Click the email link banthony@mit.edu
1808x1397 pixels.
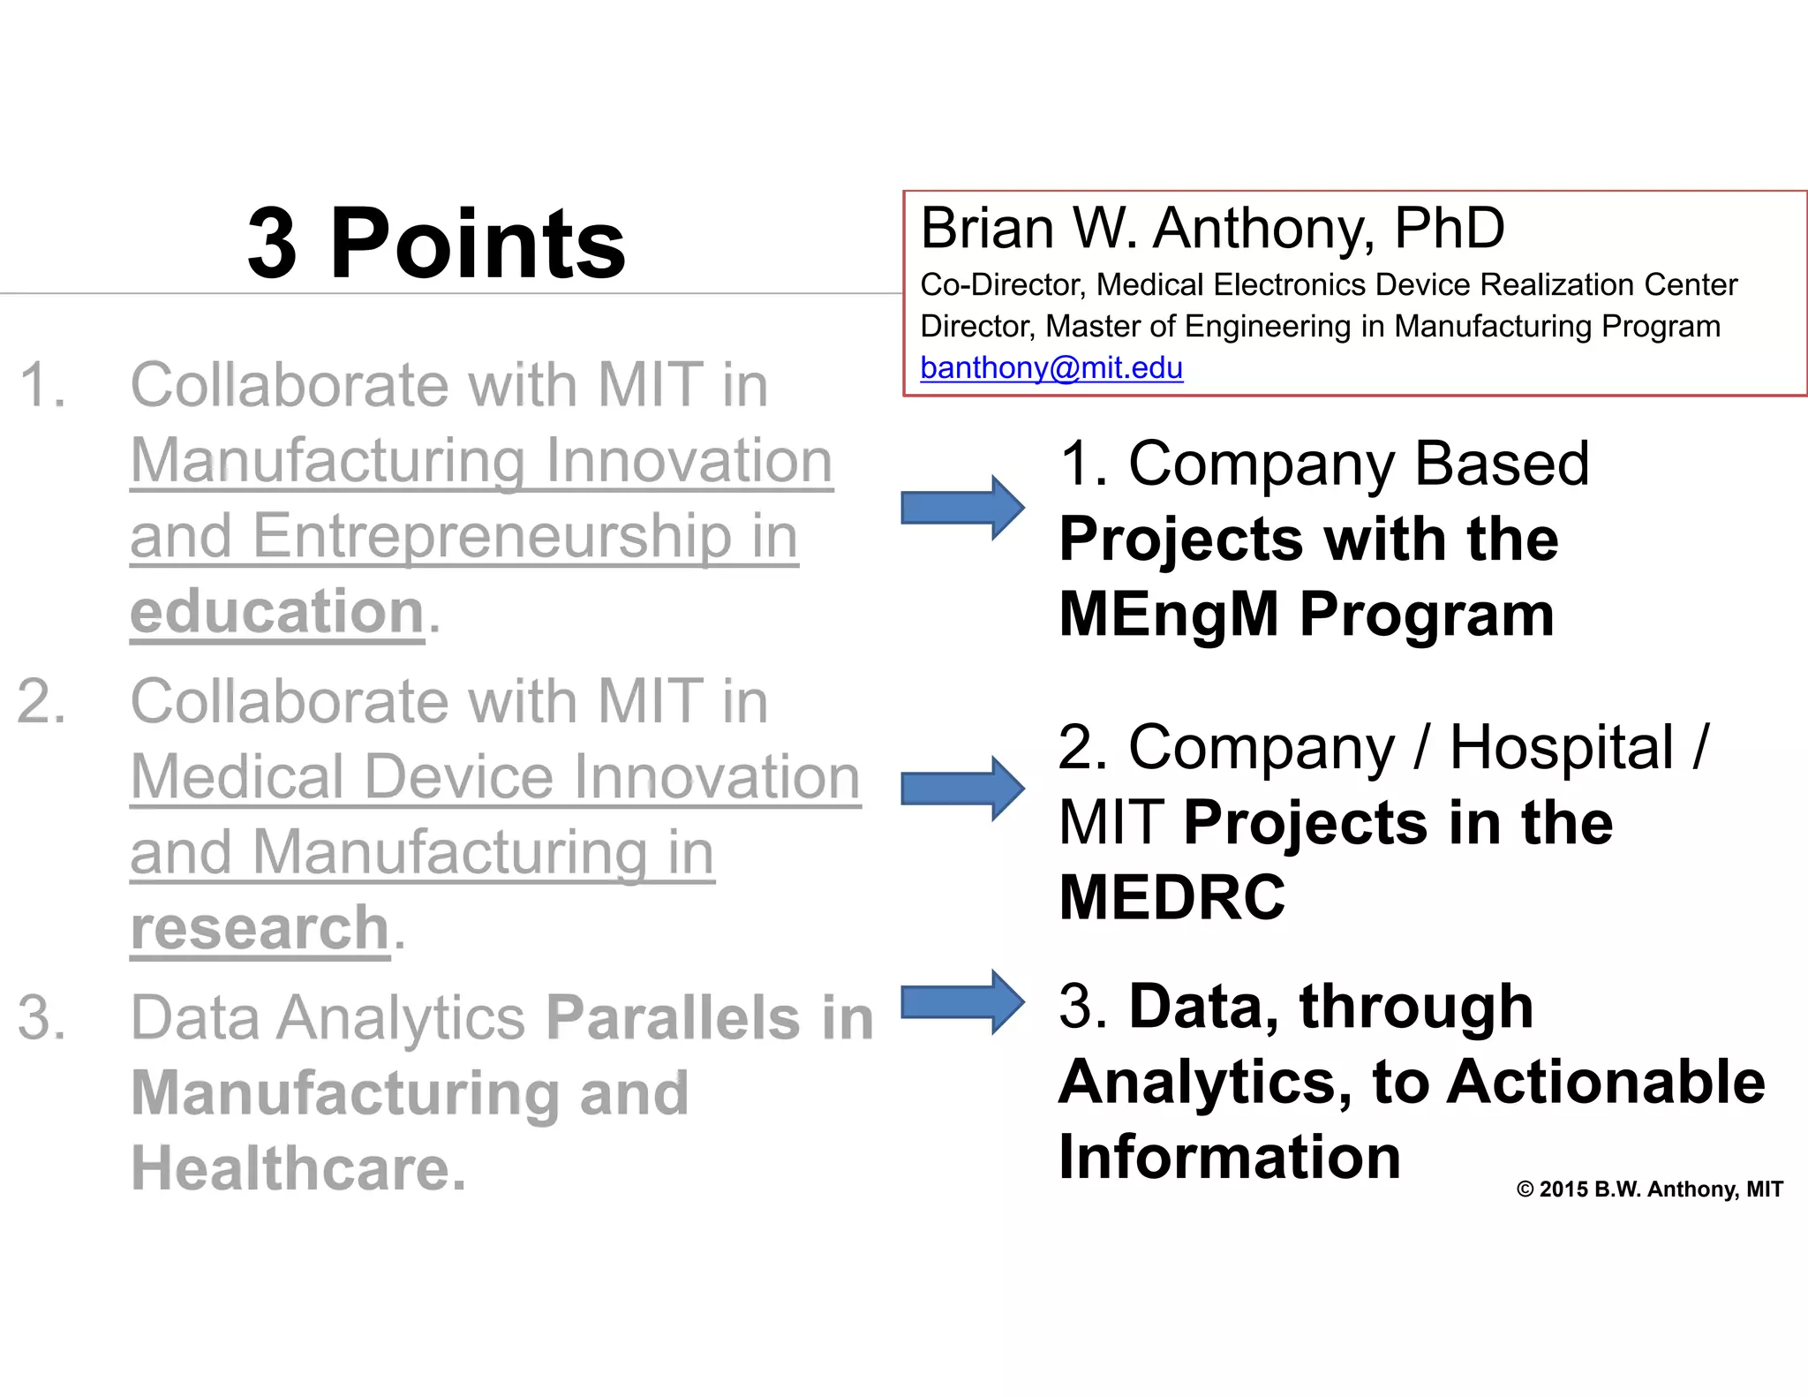[1051, 367]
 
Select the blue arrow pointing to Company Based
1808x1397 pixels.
[962, 508]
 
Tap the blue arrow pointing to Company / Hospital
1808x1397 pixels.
[962, 789]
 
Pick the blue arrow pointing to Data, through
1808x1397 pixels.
[962, 1002]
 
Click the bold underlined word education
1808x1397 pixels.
[277, 612]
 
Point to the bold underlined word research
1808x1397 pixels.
[260, 928]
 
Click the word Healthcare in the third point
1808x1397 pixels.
[298, 1168]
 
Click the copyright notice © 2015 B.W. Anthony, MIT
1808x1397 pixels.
[1649, 1189]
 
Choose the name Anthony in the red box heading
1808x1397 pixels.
[1263, 229]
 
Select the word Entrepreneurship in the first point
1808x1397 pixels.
[492, 537]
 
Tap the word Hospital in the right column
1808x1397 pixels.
[1561, 748]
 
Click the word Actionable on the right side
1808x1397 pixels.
[1606, 1082]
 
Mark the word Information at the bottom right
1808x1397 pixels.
[1229, 1157]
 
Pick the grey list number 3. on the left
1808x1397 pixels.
[41, 1018]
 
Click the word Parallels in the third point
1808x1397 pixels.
[673, 1018]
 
